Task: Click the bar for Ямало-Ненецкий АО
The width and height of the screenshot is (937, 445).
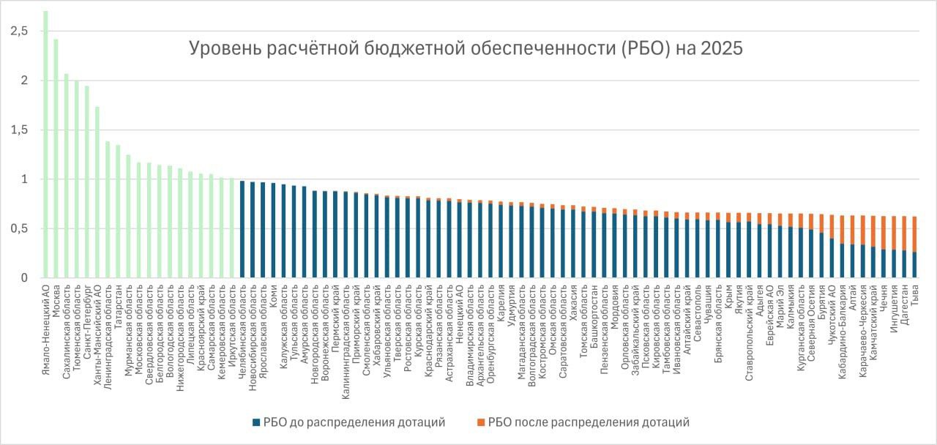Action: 45,146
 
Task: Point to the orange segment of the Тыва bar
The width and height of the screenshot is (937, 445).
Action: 914,234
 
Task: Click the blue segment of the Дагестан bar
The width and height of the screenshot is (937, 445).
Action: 904,264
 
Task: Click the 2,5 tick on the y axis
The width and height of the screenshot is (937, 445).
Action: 20,31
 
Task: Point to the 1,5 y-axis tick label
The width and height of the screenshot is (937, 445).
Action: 20,130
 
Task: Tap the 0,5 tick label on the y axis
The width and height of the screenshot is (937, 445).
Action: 20,229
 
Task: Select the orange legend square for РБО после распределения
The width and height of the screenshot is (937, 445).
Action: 479,422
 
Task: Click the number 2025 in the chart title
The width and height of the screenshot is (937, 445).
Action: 721,49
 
